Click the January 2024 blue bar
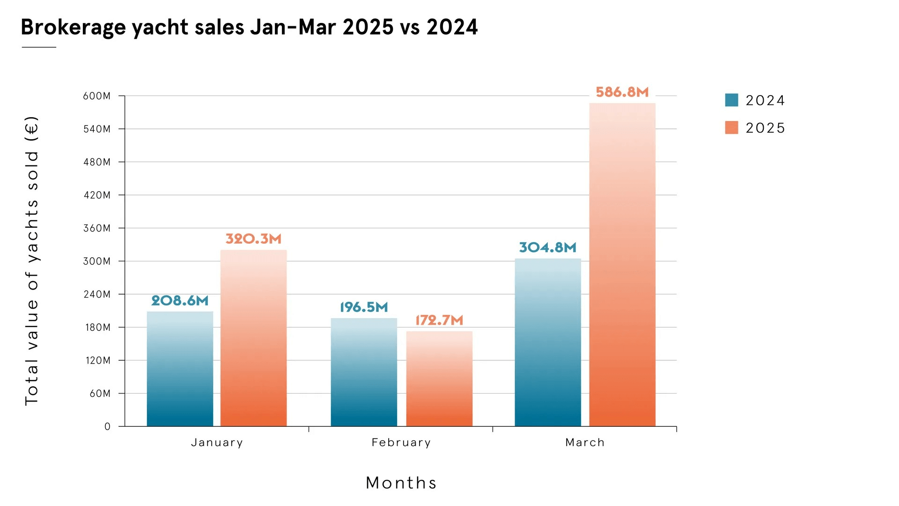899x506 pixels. pyautogui.click(x=180, y=369)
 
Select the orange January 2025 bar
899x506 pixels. pyautogui.click(x=253, y=338)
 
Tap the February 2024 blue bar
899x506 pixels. pyautogui.click(x=364, y=372)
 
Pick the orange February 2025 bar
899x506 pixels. pyautogui.click(x=439, y=379)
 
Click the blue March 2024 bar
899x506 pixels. pyautogui.click(x=548, y=342)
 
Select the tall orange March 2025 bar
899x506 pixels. pyautogui.click(x=622, y=265)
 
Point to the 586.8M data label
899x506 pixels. pyautogui.click(x=622, y=92)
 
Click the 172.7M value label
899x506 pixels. pyautogui.click(x=439, y=320)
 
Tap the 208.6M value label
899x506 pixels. pyautogui.click(x=180, y=300)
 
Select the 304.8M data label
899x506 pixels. pyautogui.click(x=548, y=247)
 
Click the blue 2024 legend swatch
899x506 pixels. pyautogui.click(x=731, y=100)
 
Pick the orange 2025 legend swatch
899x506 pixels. pyautogui.click(x=731, y=127)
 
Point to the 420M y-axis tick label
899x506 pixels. pyautogui.click(x=97, y=195)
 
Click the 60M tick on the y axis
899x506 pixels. pyautogui.click(x=100, y=393)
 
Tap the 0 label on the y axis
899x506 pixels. pyautogui.click(x=108, y=426)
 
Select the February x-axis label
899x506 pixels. pyautogui.click(x=401, y=442)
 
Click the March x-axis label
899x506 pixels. pyautogui.click(x=585, y=442)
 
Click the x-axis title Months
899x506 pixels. pyautogui.click(x=401, y=483)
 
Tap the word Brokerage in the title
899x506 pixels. pyautogui.click(x=73, y=27)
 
